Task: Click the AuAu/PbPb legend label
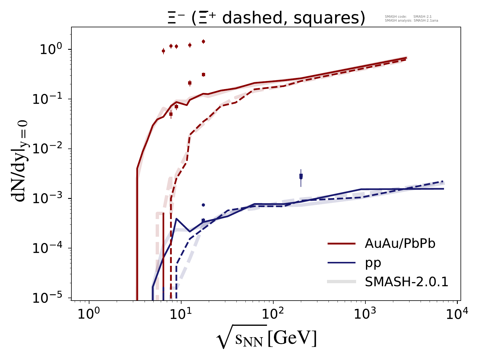[x=400, y=244]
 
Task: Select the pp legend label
[x=373, y=263]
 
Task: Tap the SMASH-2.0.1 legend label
[x=406, y=282]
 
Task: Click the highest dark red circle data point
[x=203, y=41]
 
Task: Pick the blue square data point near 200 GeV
[x=301, y=175]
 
